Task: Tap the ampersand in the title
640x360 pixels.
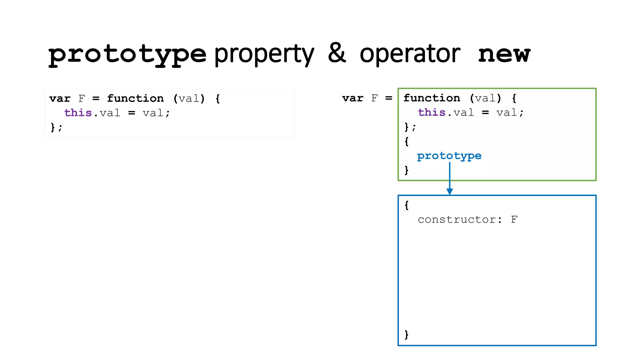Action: (337, 53)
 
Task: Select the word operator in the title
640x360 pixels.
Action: (410, 54)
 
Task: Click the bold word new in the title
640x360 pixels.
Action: (504, 54)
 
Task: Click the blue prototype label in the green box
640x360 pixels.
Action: (449, 156)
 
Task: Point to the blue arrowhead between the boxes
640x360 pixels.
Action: (450, 191)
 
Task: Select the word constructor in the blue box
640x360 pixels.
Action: (457, 220)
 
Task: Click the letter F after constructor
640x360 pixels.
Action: (514, 220)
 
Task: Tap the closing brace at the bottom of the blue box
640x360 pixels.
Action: (406, 335)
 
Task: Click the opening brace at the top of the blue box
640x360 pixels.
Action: (406, 205)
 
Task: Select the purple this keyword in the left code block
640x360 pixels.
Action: (78, 113)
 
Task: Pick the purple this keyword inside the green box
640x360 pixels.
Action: (432, 112)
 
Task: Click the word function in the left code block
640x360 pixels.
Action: (135, 99)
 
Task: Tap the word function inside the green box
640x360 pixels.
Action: (432, 98)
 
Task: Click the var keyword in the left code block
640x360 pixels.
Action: (60, 99)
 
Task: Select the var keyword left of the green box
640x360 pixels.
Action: (352, 98)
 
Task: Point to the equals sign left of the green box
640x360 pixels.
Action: (388, 98)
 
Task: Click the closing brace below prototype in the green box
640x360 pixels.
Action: (406, 170)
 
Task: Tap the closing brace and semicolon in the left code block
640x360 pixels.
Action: (56, 127)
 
